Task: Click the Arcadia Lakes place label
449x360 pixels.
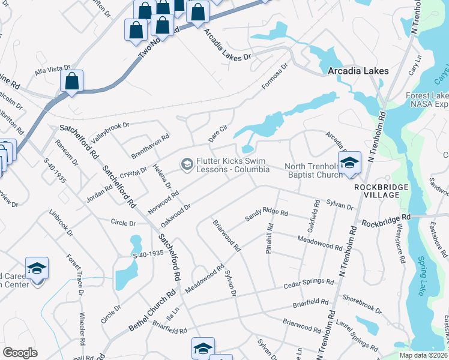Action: (x=358, y=71)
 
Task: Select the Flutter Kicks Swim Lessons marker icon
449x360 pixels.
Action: (x=187, y=164)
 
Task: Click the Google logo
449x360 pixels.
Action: (x=20, y=353)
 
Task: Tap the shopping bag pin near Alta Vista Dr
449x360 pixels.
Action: (x=71, y=82)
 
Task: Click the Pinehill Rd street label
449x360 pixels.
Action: (x=270, y=238)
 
